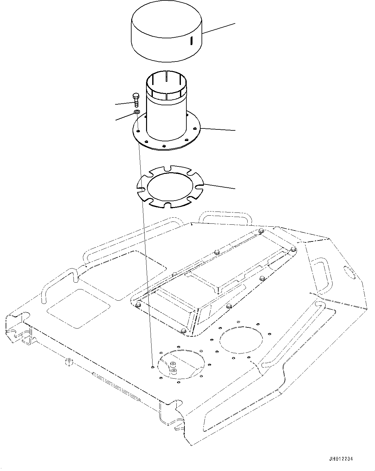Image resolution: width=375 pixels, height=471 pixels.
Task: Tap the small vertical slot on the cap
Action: click(x=191, y=41)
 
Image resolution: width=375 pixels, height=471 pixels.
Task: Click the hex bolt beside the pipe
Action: click(x=135, y=99)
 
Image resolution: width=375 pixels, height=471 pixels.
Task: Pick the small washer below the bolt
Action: click(x=137, y=112)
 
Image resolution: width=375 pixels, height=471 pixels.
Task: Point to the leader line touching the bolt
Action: click(x=124, y=103)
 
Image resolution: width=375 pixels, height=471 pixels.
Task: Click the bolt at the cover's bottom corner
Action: click(x=183, y=331)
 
